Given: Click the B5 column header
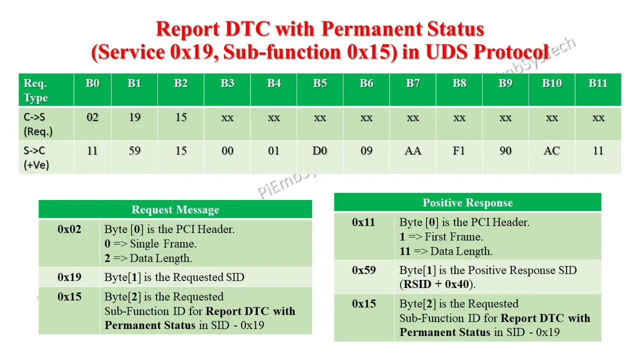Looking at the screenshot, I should point(320,83).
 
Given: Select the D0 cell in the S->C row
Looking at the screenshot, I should point(320,150).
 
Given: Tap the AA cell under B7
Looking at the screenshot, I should point(413,150).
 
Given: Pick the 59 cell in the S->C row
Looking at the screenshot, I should point(134,150).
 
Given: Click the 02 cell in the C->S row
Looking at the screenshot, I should point(92,117).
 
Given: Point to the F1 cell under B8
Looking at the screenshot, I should point(459,150).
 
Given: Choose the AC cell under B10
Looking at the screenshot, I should point(551,150).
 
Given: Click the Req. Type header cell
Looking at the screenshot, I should point(36,90).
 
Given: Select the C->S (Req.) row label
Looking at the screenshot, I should point(38,124).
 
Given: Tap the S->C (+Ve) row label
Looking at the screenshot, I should point(36,157).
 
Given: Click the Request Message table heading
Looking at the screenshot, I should point(175,209).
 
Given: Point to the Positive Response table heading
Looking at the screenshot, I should point(467,202).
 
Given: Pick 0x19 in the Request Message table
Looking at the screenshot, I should point(69,277).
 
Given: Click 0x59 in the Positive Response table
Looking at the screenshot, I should point(364,270).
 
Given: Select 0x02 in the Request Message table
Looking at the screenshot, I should point(69,229).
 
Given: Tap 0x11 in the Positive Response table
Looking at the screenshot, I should point(364,222).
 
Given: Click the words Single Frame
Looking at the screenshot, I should point(163,244).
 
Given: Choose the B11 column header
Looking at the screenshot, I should point(598,83).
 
